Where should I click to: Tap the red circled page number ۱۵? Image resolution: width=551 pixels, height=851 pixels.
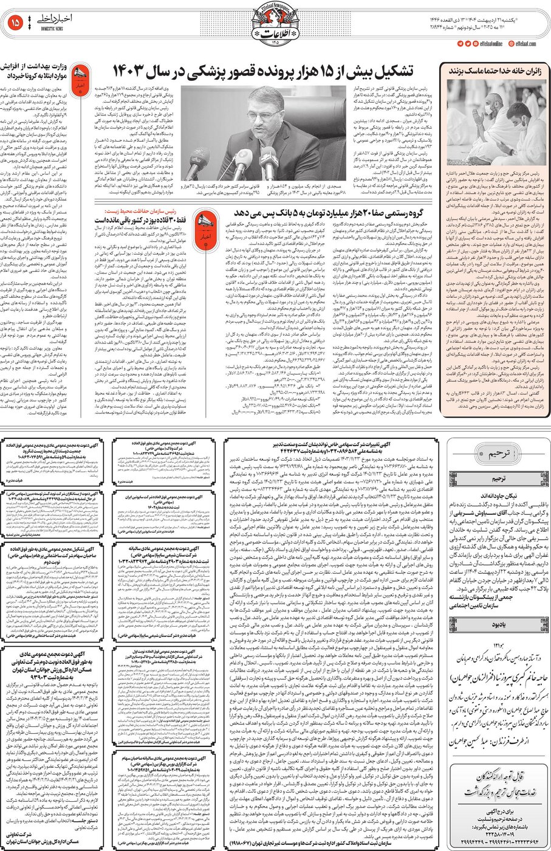coord(16,23)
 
